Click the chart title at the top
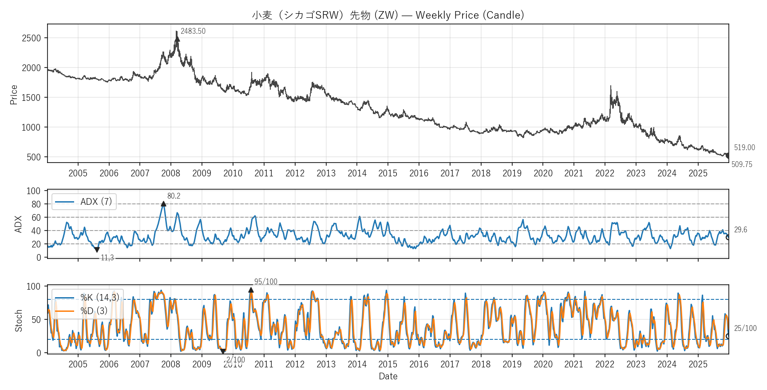[388, 15]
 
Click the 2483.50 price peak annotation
[193, 31]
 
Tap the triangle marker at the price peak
[178, 39]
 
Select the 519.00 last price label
[744, 147]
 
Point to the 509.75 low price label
[742, 164]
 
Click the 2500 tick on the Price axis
[32, 38]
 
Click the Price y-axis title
[14, 95]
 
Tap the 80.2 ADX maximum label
[174, 196]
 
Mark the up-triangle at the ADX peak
[163, 204]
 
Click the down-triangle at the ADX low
[97, 250]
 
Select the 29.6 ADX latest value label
[740, 230]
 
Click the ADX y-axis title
[18, 224]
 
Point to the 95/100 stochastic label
[265, 282]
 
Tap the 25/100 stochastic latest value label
[745, 328]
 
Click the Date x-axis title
[388, 376]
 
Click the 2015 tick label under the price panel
[387, 173]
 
